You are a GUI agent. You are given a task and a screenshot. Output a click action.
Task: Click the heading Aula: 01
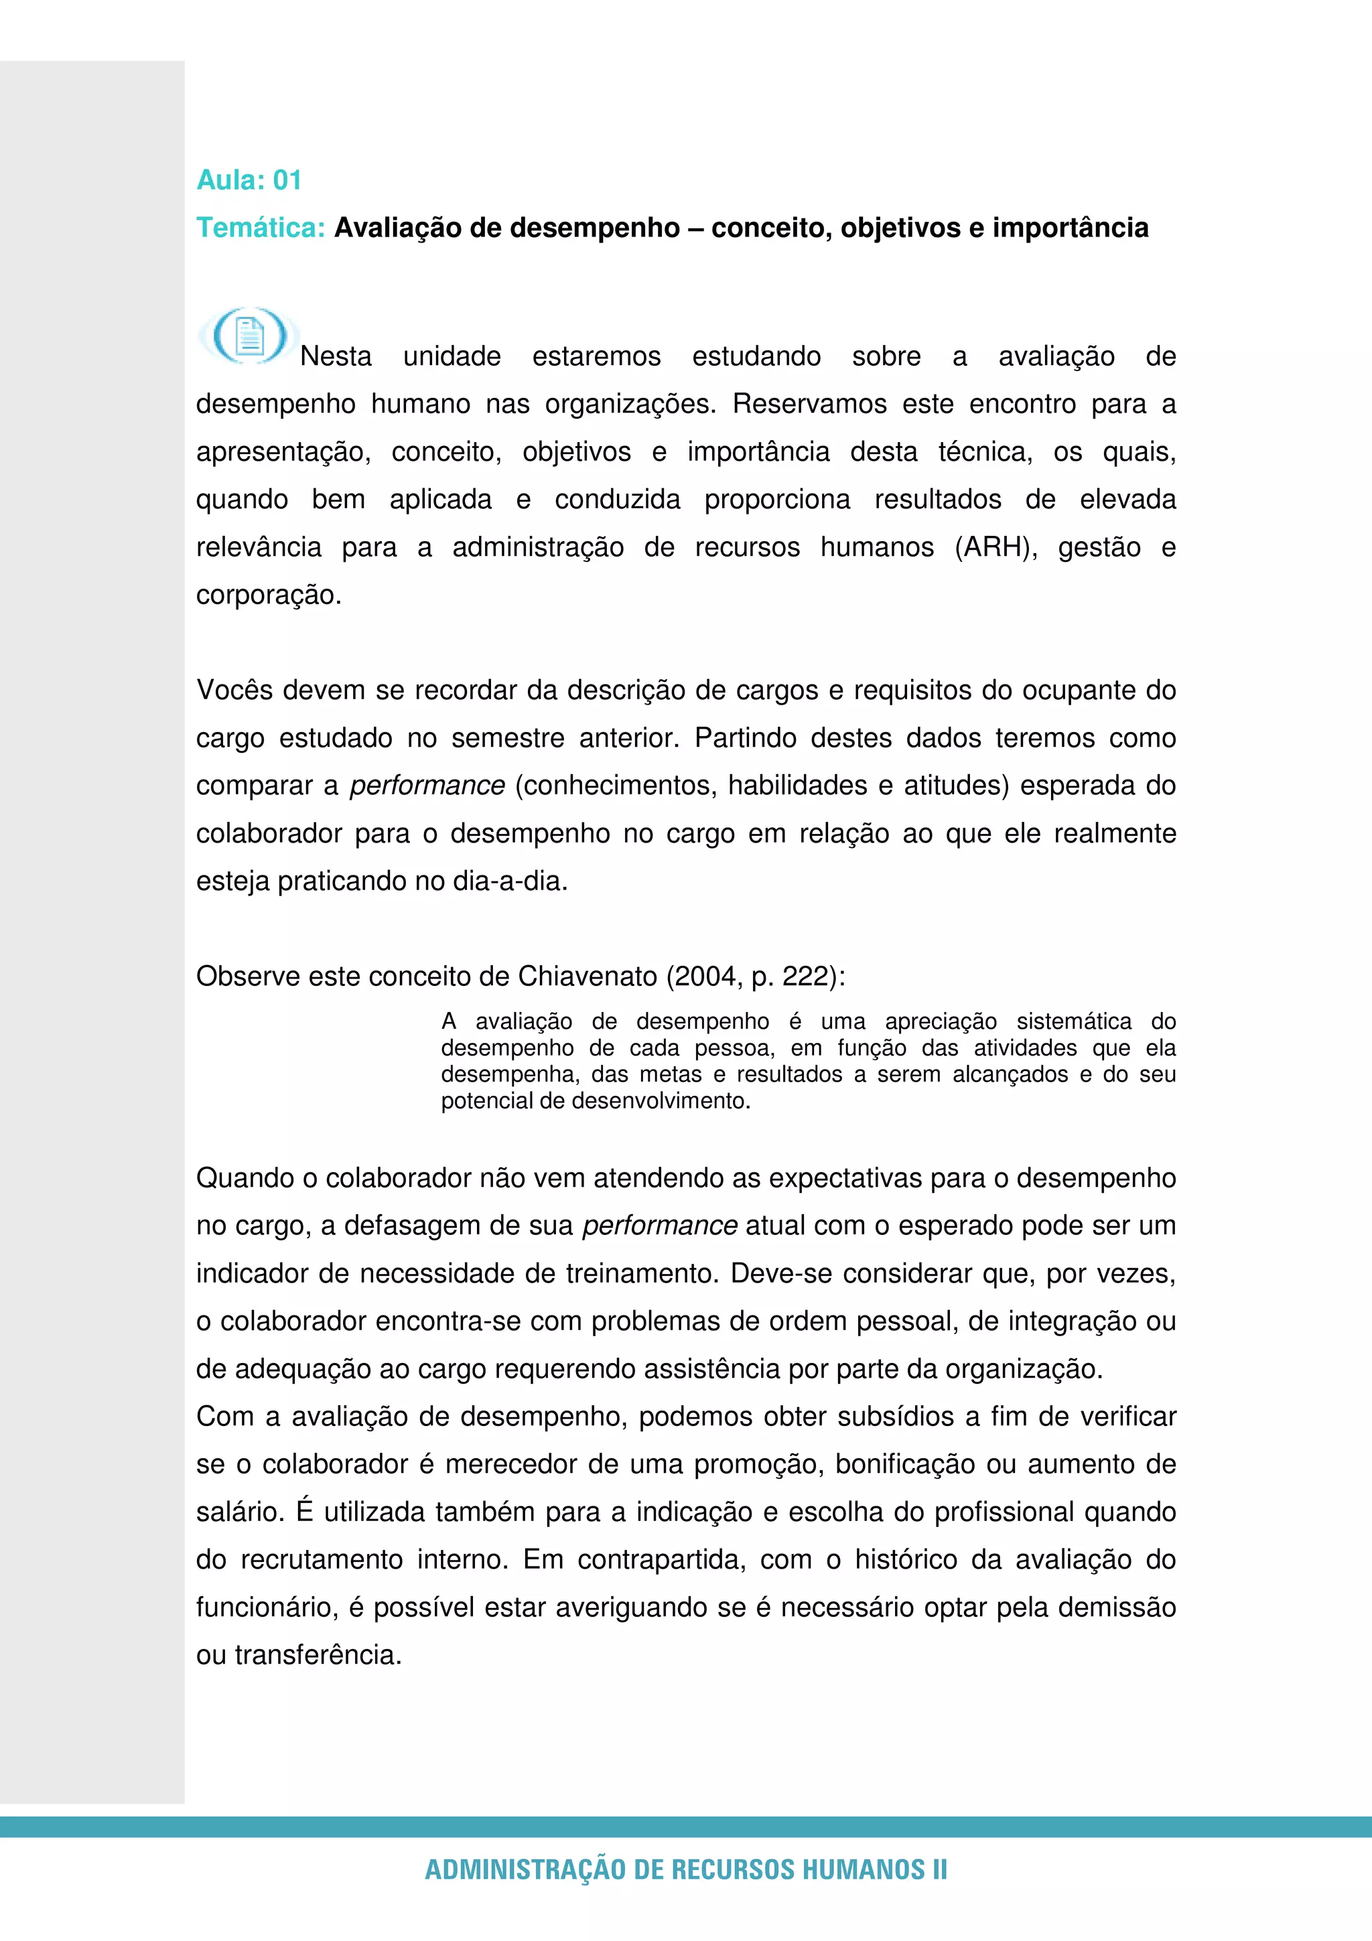coord(249,180)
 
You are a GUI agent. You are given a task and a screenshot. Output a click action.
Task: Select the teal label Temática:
coord(261,228)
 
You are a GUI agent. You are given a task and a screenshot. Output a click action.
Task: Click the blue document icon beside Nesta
coord(249,336)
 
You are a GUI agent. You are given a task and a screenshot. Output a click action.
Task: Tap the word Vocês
coord(235,691)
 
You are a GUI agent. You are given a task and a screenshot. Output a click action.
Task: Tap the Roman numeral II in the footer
coord(939,1870)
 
